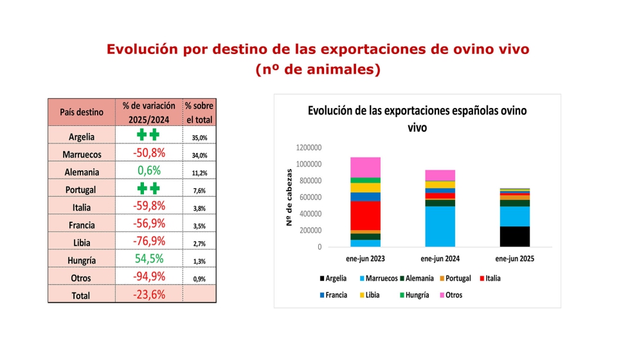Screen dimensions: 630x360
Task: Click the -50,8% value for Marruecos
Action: (x=149, y=153)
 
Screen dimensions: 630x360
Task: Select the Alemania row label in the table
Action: (x=82, y=172)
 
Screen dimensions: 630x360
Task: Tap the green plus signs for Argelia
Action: (x=148, y=134)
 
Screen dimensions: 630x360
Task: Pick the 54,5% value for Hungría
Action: (x=149, y=258)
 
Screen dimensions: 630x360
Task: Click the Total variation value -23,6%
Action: (x=149, y=294)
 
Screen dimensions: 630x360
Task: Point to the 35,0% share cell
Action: (x=199, y=138)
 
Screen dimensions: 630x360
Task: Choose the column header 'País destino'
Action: (x=82, y=112)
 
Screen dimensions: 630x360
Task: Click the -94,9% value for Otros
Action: (x=149, y=276)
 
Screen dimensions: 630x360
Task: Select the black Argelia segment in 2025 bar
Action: (x=515, y=237)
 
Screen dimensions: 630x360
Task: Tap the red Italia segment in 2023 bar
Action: (x=365, y=216)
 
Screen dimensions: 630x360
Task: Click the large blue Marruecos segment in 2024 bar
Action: (x=440, y=226)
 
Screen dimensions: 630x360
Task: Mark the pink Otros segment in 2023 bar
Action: (x=365, y=168)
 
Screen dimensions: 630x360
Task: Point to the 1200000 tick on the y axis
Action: (x=309, y=147)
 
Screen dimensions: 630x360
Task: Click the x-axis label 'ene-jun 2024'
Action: (x=440, y=258)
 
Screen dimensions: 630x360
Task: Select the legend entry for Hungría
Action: (x=414, y=295)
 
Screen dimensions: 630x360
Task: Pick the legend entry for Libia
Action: (x=370, y=295)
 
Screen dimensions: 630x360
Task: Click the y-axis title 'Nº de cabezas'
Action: (x=289, y=197)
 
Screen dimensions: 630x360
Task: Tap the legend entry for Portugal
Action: (x=455, y=278)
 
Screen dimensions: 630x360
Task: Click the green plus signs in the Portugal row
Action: (x=148, y=188)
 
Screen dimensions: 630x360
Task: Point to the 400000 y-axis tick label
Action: (x=310, y=213)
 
